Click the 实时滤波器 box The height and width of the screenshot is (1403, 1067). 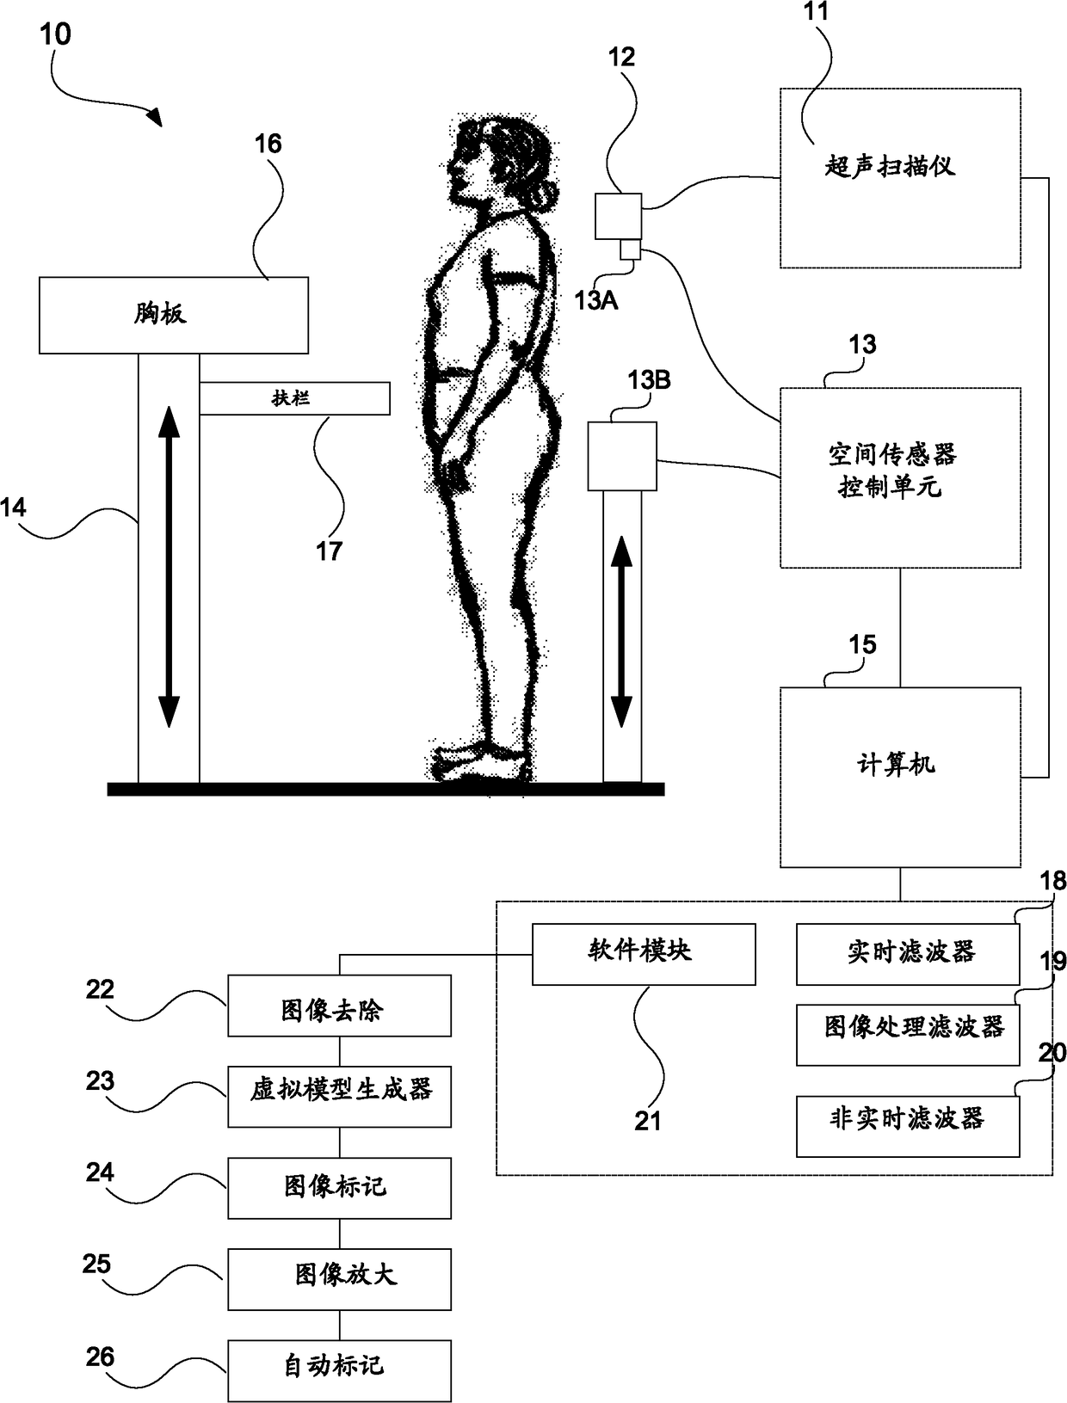click(908, 954)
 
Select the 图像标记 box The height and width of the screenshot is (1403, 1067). click(339, 1187)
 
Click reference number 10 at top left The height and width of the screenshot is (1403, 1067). click(55, 35)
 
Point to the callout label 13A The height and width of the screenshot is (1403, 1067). click(595, 300)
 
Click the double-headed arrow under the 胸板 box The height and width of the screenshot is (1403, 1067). click(169, 568)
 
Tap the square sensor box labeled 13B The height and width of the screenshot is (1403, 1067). click(622, 456)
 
